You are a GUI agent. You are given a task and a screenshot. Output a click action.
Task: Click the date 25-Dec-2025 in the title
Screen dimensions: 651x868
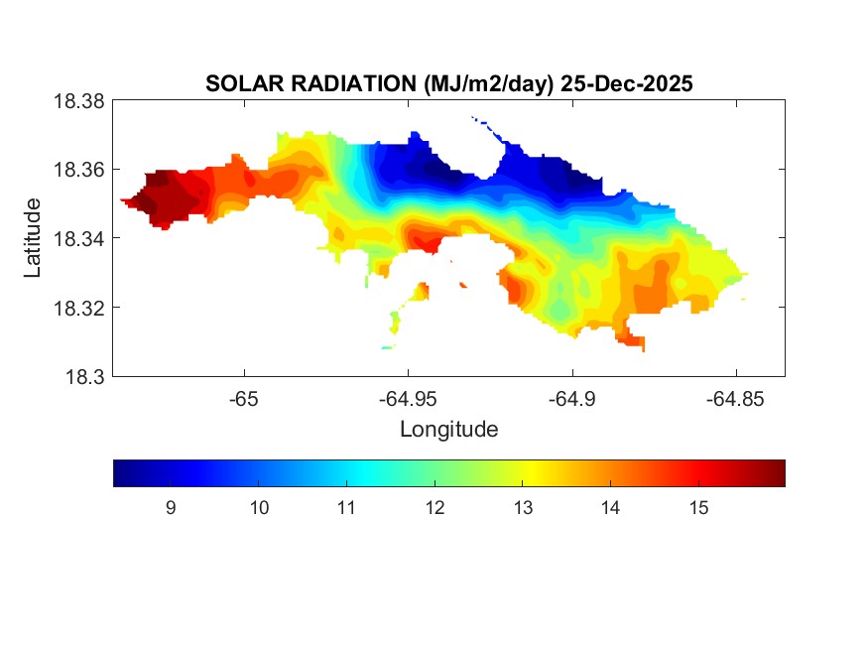tap(626, 84)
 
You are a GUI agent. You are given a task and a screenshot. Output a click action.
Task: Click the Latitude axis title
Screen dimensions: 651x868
tap(34, 238)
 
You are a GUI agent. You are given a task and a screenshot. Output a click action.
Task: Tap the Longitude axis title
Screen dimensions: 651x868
tap(448, 430)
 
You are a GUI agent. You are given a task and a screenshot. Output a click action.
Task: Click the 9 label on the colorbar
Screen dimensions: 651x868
tap(171, 508)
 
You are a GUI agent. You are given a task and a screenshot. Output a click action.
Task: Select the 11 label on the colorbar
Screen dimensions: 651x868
tap(346, 508)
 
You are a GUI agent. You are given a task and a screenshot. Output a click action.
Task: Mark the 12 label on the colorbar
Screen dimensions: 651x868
tap(434, 508)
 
